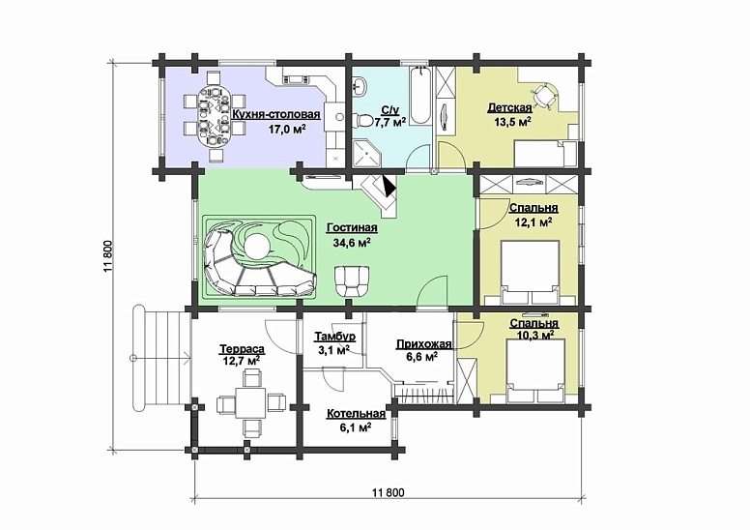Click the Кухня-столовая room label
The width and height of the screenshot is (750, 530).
pos(276,115)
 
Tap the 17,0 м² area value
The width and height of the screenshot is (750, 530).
pos(287,129)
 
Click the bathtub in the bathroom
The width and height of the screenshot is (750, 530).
pos(421,96)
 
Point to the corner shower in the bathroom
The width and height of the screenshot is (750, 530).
pos(367,153)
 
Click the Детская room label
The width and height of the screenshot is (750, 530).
pos(510,107)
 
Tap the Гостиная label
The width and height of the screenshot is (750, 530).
pos(352,228)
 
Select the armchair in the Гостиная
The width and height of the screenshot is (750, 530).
pos(352,281)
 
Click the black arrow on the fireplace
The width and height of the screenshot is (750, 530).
pos(389,186)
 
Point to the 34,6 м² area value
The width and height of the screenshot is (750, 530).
pos(352,243)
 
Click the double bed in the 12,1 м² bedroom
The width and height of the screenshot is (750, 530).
pos(530,273)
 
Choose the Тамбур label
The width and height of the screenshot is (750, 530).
pos(334,337)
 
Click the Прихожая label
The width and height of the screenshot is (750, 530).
pos(423,344)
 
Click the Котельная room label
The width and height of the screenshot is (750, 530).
pos(356,414)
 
